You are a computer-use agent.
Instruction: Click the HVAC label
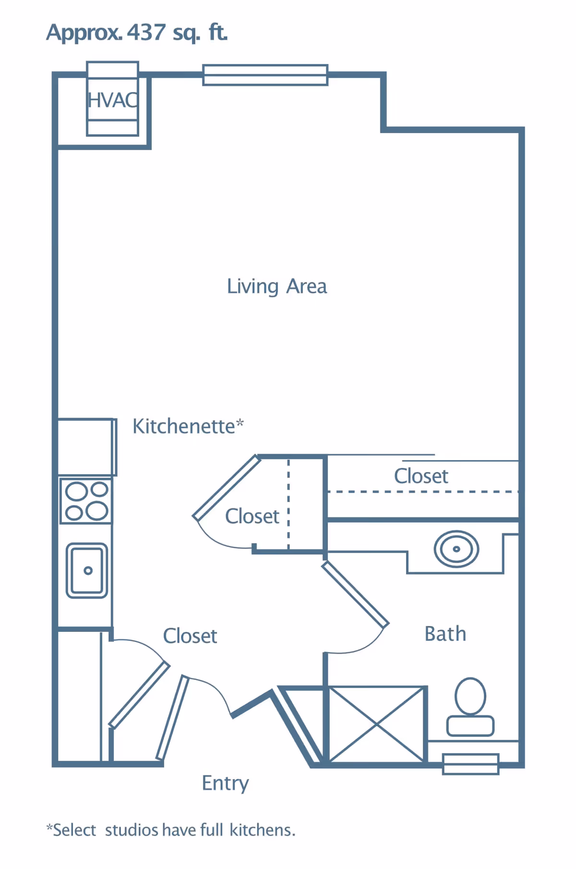coord(113,100)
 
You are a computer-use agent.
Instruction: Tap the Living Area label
coord(277,287)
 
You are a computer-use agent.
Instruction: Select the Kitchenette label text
coord(188,426)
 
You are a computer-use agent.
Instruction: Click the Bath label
coord(445,634)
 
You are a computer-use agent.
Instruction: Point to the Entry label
coord(225,784)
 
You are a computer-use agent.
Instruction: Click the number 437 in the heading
coord(146,32)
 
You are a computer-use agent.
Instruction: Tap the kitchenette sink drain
coord(88,570)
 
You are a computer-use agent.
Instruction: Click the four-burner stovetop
coord(86,500)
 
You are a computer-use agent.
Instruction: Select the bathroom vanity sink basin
coord(456,549)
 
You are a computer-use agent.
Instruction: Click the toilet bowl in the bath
coord(470,696)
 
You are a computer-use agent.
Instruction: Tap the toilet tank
coord(470,726)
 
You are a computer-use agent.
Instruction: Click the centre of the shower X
coord(377,724)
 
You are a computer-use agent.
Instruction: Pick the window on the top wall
coord(265,75)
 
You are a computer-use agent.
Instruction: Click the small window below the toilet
coord(471,764)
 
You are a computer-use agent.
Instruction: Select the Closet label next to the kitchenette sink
coord(190,636)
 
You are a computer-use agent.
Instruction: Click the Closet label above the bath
coord(421,476)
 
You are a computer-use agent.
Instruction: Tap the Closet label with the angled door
coord(252,517)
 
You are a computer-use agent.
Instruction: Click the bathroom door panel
coord(355,594)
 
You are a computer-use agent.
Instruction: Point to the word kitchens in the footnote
coord(263,830)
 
